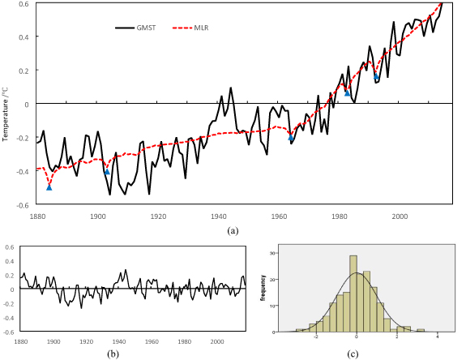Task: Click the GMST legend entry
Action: point(135,28)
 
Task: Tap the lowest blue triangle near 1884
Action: point(49,187)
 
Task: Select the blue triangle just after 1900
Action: point(107,171)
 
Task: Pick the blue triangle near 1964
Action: point(291,137)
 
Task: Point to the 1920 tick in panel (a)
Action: point(158,216)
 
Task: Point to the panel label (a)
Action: point(233,231)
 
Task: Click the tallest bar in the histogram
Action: point(353,294)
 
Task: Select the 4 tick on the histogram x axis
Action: point(437,336)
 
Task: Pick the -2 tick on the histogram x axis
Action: point(316,336)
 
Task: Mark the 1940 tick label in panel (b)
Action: point(119,341)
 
